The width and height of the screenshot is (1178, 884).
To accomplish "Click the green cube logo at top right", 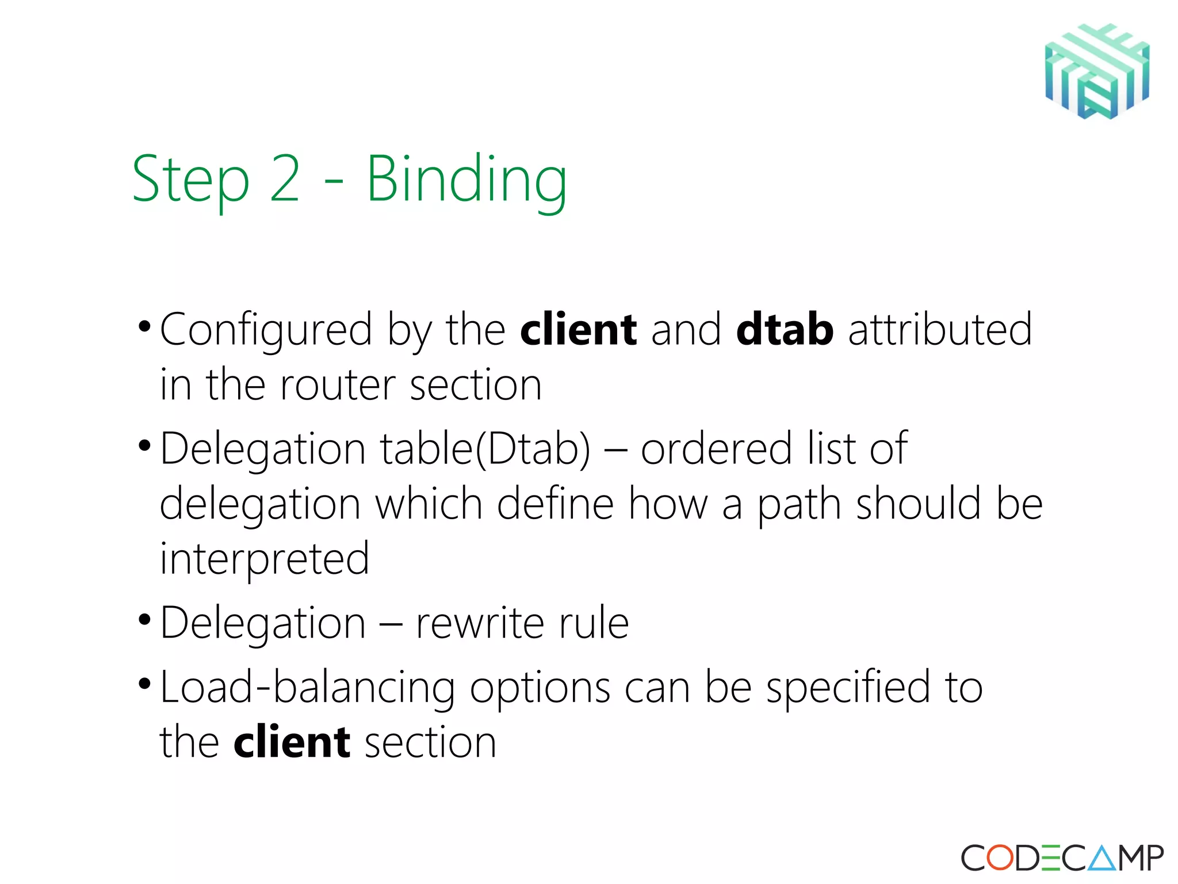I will (1097, 71).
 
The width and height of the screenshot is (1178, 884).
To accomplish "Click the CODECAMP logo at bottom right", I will (1062, 858).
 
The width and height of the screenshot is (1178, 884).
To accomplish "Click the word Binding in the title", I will (466, 180).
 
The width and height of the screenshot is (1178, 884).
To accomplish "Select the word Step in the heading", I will (191, 180).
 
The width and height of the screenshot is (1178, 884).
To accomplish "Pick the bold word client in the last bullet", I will (292, 742).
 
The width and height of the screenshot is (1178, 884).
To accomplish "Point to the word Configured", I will (266, 330).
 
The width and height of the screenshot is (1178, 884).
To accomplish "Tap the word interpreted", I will (265, 559).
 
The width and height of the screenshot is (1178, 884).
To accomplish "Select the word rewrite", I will (479, 623).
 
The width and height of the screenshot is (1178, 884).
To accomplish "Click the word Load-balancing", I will (307, 688).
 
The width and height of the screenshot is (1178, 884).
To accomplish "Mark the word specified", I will (848, 688).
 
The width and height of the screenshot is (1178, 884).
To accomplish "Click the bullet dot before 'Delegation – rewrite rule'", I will (144, 620).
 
